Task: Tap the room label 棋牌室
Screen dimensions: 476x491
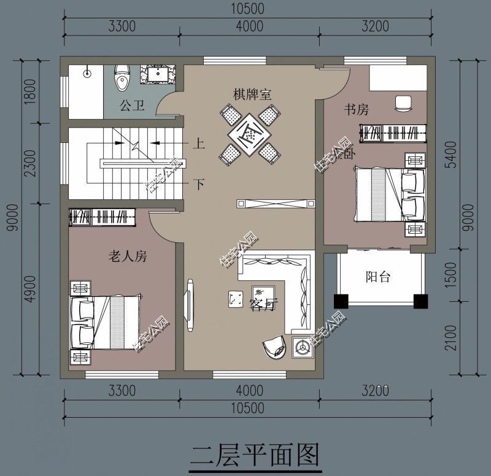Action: [x=252, y=95]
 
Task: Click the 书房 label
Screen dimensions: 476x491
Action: [x=356, y=110]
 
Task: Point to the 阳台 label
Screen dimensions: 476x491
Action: [x=378, y=277]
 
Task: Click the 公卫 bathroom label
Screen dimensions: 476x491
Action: [x=132, y=106]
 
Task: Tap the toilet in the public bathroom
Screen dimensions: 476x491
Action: [x=123, y=78]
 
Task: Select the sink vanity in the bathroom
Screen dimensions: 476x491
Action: [x=158, y=74]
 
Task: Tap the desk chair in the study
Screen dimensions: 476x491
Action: [x=403, y=103]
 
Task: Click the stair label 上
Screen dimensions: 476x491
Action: [x=199, y=144]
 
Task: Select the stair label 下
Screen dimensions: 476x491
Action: [x=199, y=183]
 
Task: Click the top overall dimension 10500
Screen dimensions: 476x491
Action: [x=249, y=9]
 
